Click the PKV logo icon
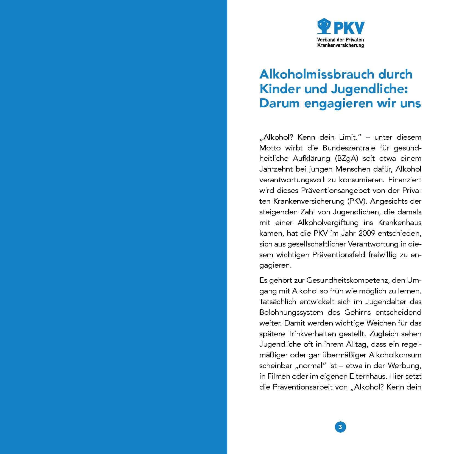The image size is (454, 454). pos(324,27)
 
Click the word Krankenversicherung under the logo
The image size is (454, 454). pos(340,45)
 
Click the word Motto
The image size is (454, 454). pos(270,148)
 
